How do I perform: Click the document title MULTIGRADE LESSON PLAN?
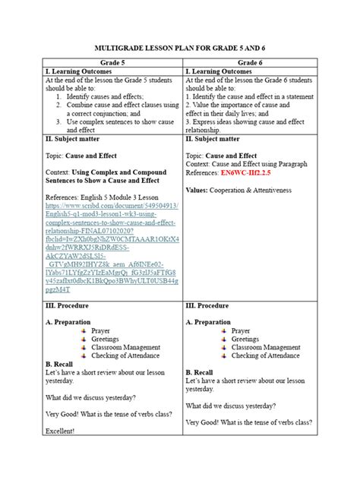180,47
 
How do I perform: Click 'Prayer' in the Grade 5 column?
100,331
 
